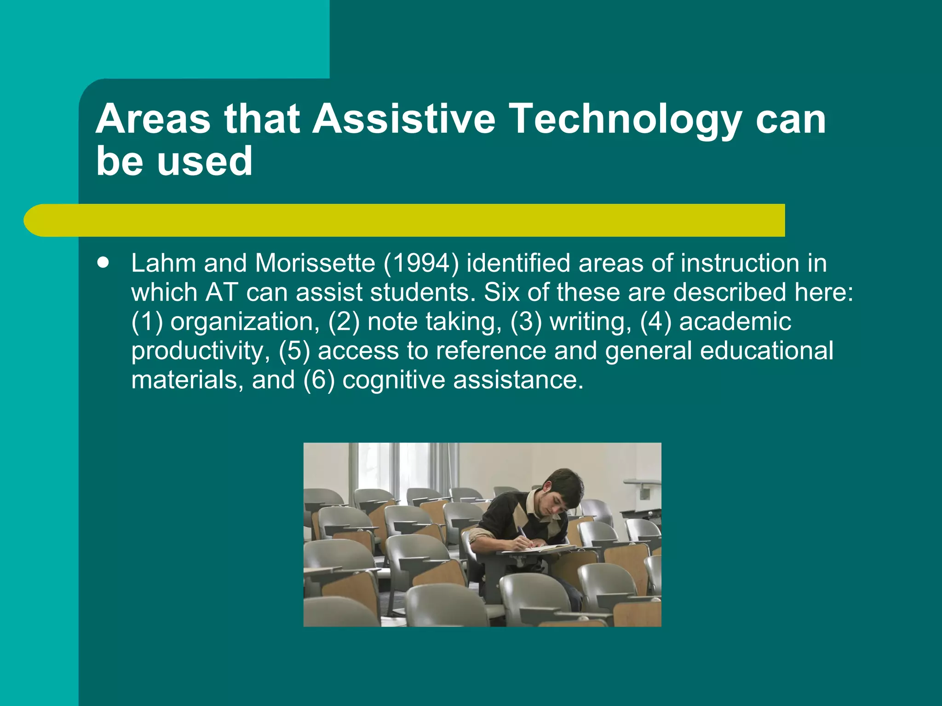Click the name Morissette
(315, 263)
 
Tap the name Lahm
(164, 263)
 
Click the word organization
(245, 322)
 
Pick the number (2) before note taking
(344, 322)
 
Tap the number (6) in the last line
(319, 380)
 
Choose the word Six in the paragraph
(501, 292)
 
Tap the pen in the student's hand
(523, 534)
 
